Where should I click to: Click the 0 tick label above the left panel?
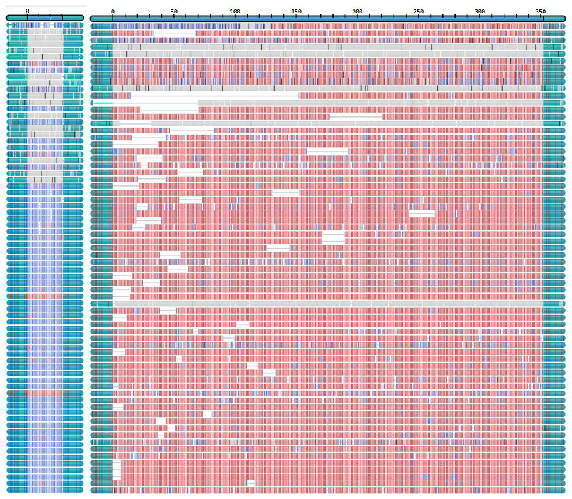click(x=28, y=11)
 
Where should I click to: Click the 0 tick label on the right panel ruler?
click(x=112, y=11)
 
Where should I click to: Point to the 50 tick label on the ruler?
click(x=173, y=11)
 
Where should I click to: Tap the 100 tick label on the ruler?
click(x=235, y=11)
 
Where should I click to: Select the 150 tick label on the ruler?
click(x=296, y=11)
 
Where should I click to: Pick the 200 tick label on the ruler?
click(x=357, y=11)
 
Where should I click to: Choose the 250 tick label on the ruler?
click(x=419, y=11)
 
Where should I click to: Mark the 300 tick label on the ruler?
click(x=480, y=11)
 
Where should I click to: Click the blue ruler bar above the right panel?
click(x=325, y=19)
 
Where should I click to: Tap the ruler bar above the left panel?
click(x=45, y=19)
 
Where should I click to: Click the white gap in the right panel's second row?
click(x=175, y=33)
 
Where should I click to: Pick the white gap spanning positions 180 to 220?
click(x=356, y=116)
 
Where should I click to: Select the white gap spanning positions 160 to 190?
click(x=327, y=152)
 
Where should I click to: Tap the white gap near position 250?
click(x=422, y=213)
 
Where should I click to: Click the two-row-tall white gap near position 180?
click(x=333, y=237)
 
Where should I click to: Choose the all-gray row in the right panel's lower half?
click(x=325, y=304)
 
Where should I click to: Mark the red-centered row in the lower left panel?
click(x=45, y=393)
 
